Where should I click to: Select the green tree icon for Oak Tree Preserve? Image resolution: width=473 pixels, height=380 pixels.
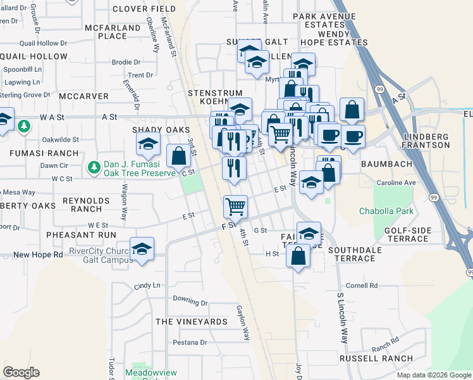(94, 167)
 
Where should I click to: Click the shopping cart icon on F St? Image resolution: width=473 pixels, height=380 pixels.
(235, 205)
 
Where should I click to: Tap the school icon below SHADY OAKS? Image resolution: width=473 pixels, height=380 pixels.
(149, 145)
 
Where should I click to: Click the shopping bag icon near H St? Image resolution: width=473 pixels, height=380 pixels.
(298, 256)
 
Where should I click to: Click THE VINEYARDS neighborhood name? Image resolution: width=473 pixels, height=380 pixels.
(191, 322)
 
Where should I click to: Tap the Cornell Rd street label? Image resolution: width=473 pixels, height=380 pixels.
(361, 286)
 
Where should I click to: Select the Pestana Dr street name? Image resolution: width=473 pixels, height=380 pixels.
(190, 343)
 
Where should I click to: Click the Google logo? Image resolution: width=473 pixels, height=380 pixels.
(21, 372)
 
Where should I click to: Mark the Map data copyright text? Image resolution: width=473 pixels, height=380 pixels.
(433, 375)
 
